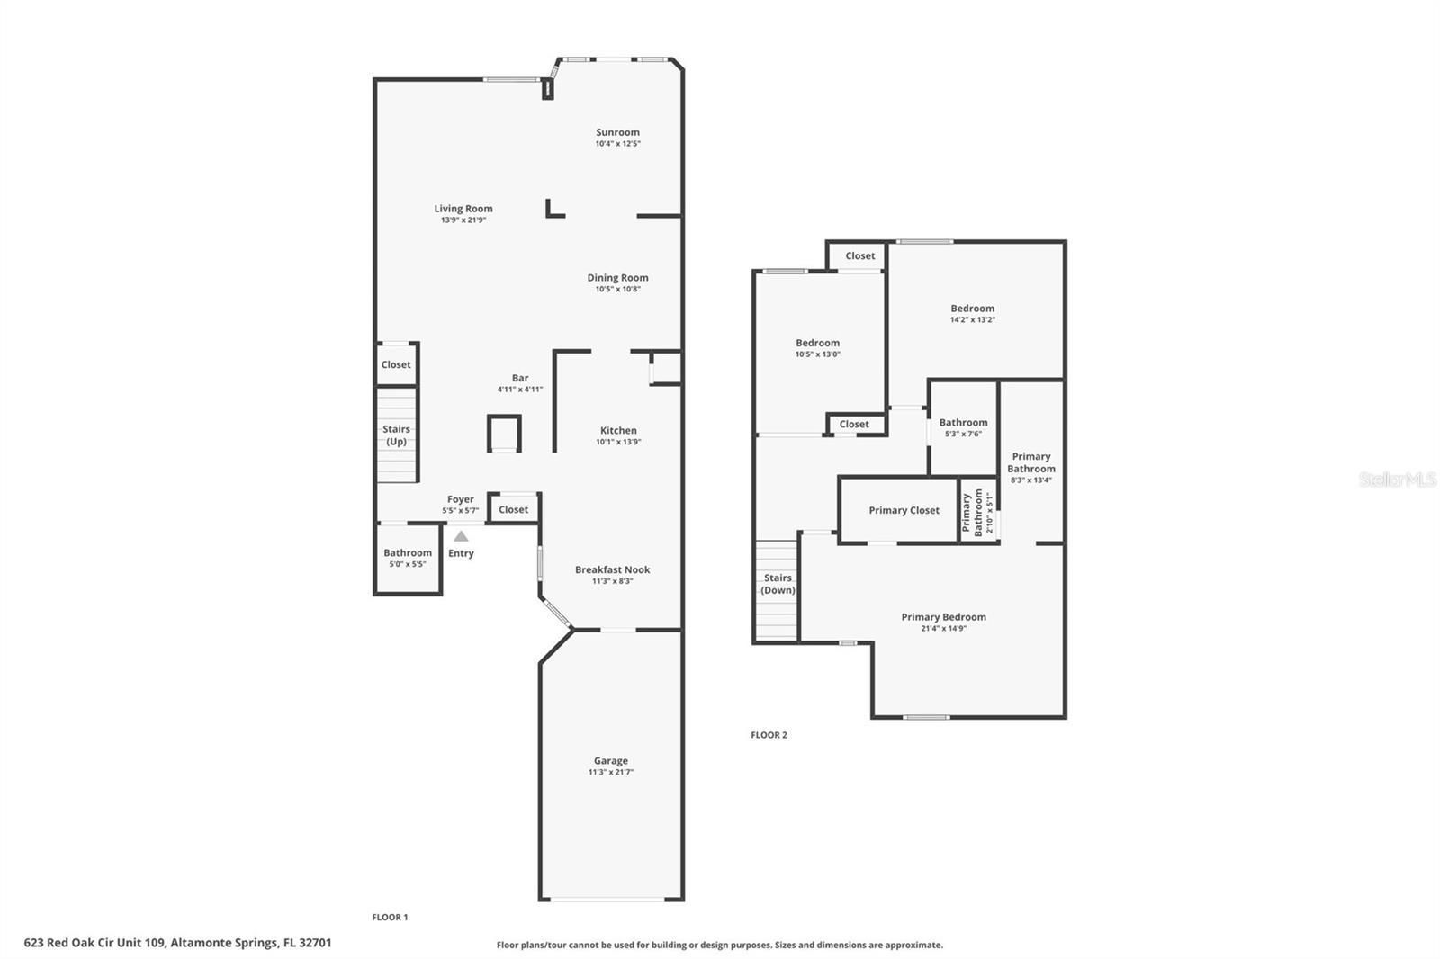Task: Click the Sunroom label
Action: point(617,132)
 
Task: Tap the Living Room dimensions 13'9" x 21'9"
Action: point(463,220)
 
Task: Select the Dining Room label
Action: point(617,278)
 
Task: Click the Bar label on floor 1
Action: point(520,378)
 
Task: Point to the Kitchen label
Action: point(618,430)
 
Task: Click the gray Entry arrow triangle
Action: point(461,536)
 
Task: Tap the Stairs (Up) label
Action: point(396,435)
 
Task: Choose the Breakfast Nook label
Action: point(612,569)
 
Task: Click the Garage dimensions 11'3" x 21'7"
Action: point(611,772)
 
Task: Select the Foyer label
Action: point(460,499)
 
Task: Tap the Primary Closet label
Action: point(904,510)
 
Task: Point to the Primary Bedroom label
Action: point(943,617)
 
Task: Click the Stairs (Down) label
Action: point(778,584)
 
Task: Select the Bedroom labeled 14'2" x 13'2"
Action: point(972,309)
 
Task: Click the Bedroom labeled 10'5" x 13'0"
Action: point(817,343)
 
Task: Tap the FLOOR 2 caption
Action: point(769,735)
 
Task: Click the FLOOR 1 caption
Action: point(390,918)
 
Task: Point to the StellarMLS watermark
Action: point(1397,480)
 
